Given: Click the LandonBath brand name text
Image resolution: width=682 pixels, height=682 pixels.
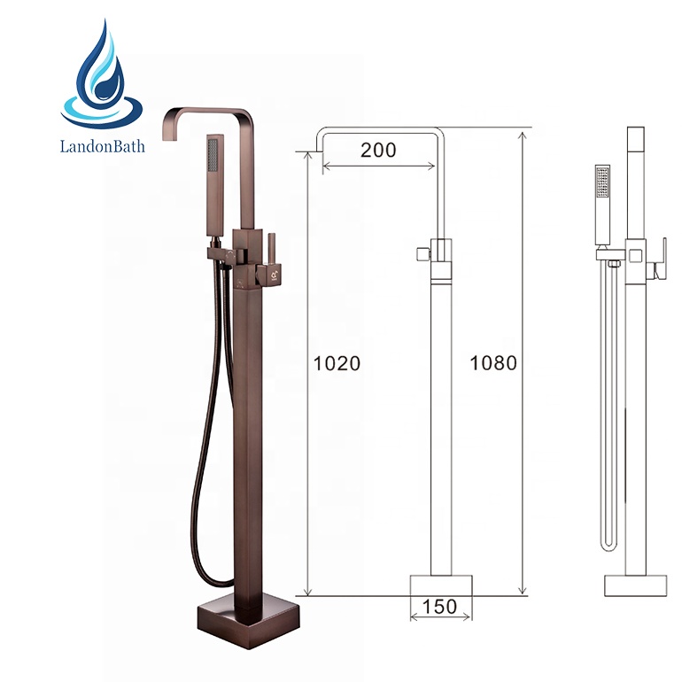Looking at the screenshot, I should [102, 144].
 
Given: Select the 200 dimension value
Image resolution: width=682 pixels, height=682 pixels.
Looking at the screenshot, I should [378, 150].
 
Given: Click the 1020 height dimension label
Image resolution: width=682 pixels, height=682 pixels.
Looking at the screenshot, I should [337, 363].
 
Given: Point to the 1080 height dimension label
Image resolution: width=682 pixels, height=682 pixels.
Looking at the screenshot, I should [492, 363].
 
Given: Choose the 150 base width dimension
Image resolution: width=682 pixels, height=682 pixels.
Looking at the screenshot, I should [440, 607].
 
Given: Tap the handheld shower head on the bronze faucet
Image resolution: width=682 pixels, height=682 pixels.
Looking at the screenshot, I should [213, 186].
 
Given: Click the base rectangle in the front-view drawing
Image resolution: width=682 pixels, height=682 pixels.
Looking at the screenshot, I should [441, 585].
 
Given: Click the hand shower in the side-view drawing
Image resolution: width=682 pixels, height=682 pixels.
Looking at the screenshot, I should [603, 204].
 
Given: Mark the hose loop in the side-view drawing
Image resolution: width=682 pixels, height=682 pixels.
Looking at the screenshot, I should [608, 540].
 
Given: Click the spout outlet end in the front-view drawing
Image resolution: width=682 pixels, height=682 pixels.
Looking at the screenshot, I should [321, 147].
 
